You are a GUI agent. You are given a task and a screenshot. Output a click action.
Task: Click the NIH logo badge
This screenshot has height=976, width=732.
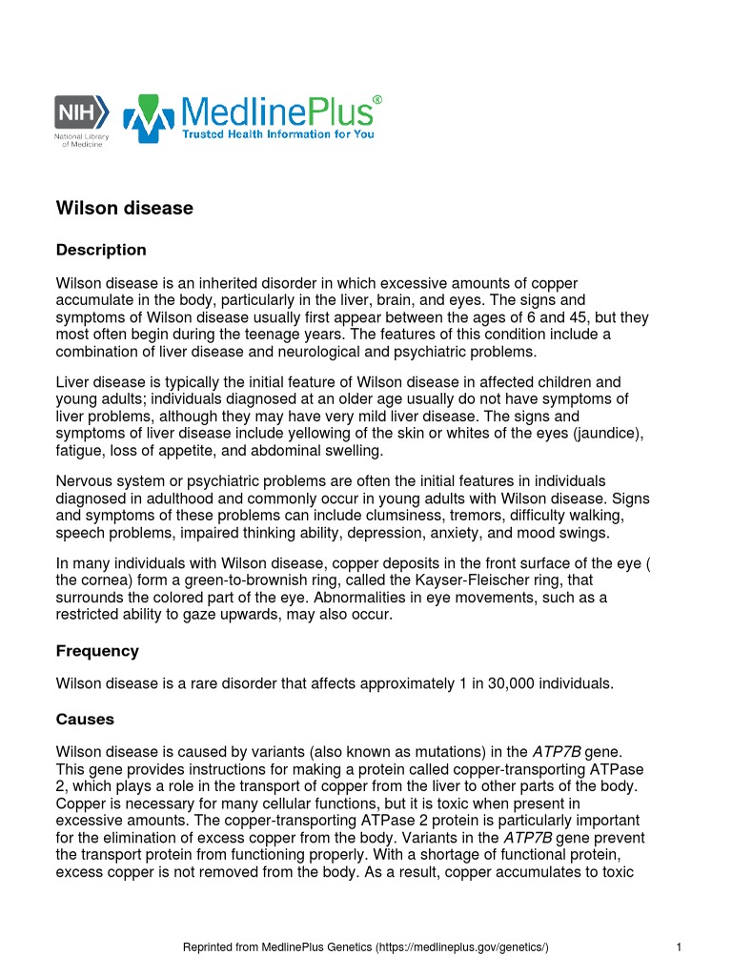point(82,111)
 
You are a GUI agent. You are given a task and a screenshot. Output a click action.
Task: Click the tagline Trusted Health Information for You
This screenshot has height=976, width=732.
point(278,135)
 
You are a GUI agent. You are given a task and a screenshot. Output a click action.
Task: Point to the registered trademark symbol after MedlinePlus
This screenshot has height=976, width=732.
point(377,100)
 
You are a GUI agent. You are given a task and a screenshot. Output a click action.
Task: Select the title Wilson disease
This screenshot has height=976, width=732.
point(125,208)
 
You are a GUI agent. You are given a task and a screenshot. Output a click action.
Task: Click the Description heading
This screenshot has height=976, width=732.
point(101,251)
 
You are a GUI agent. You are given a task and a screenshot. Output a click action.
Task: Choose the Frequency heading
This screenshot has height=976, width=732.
point(97,652)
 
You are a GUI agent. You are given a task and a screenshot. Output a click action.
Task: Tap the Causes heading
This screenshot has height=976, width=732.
point(85,720)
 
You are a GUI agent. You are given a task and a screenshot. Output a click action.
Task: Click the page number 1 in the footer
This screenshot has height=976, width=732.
point(677,948)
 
